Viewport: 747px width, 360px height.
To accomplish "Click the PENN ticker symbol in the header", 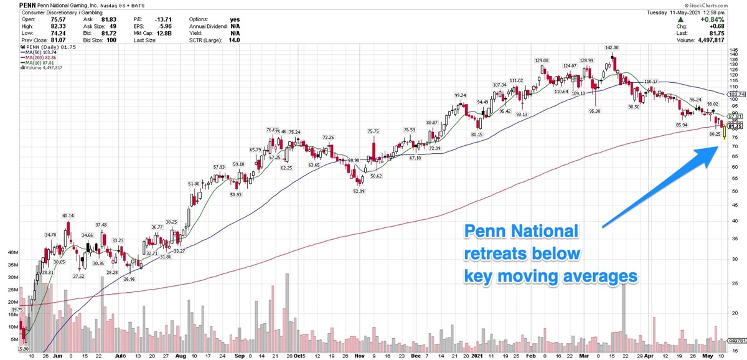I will [x=11, y=4].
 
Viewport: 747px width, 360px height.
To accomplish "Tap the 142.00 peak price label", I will [x=611, y=47].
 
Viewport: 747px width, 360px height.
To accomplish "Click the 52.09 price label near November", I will [x=356, y=191].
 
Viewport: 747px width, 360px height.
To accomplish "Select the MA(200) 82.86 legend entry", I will [x=42, y=57].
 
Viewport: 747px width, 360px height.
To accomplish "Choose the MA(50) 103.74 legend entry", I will [x=42, y=52].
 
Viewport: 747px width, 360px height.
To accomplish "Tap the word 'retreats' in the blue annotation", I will [x=499, y=253].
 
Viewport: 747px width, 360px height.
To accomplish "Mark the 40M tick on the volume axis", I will [x=13, y=253].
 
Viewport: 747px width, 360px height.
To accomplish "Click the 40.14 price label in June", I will [x=68, y=216].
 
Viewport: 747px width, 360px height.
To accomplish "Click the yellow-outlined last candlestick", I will [x=725, y=131].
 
